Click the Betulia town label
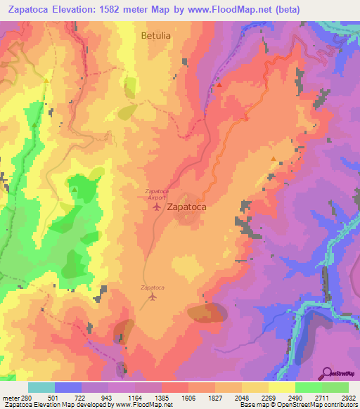[x=156, y=33]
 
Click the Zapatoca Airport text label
[x=155, y=194]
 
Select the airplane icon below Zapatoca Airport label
[x=155, y=207]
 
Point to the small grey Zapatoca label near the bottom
[x=153, y=287]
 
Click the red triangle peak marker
[x=219, y=85]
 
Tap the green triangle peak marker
[x=75, y=188]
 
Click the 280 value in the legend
[x=26, y=398]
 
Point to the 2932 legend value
[x=347, y=398]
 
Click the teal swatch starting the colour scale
[x=41, y=387]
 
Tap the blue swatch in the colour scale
[x=68, y=387]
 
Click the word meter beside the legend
[x=10, y=398]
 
